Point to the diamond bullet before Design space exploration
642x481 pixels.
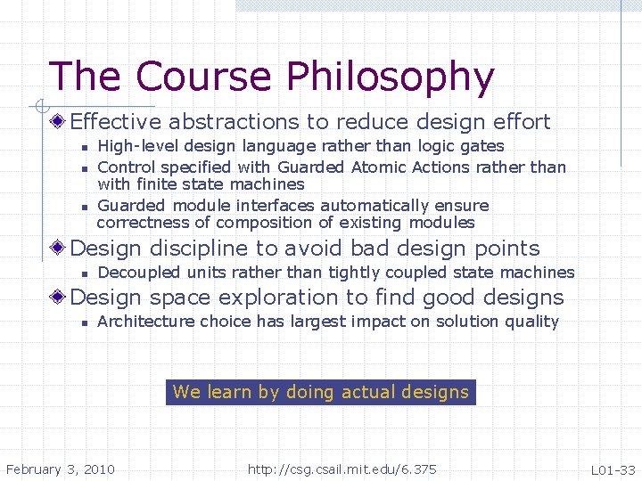(59, 298)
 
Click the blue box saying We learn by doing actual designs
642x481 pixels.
(321, 392)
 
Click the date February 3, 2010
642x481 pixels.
(60, 469)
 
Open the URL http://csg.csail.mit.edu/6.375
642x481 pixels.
(342, 469)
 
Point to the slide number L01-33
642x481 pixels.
(613, 469)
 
